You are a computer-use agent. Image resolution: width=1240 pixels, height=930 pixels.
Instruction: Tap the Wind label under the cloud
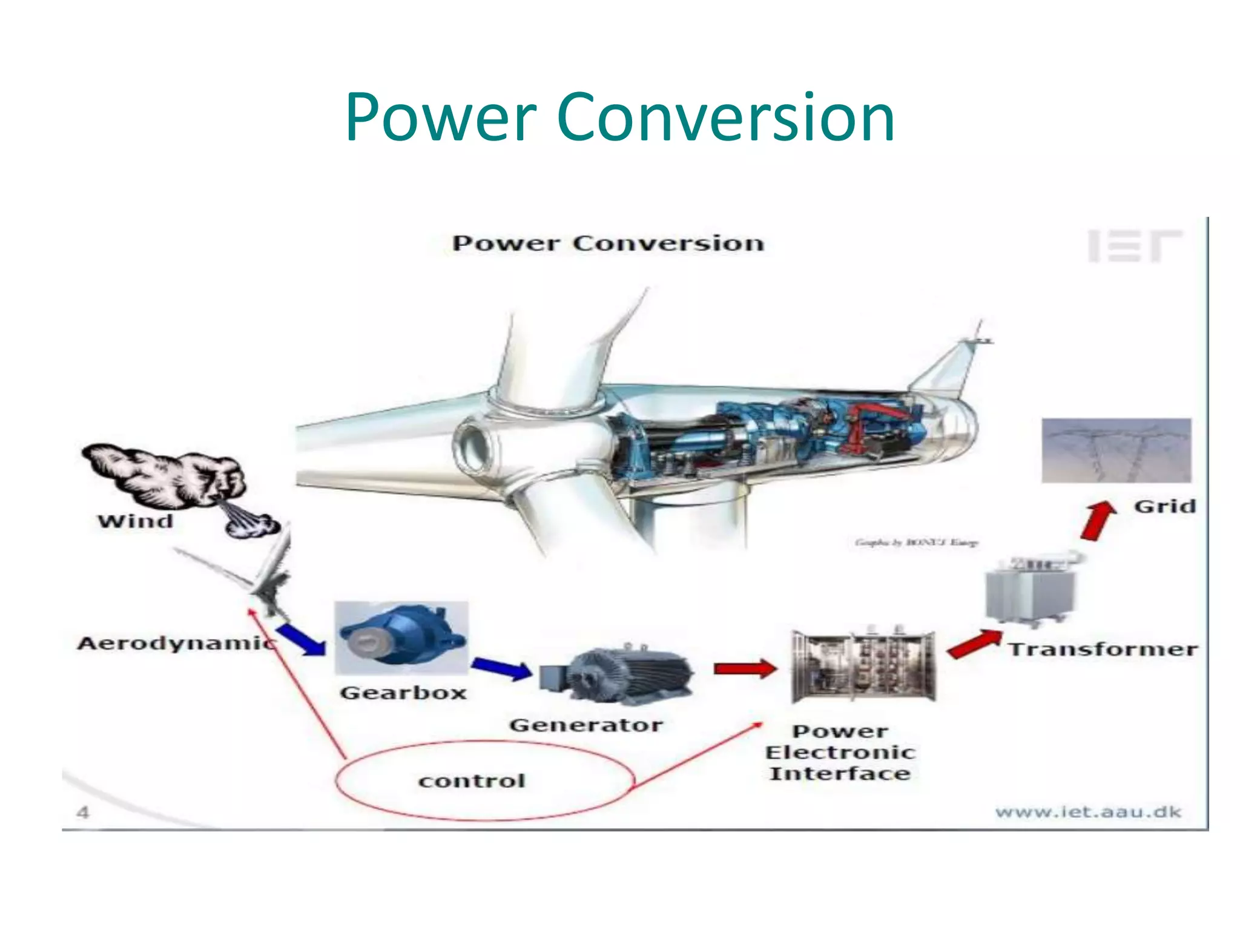coord(136,521)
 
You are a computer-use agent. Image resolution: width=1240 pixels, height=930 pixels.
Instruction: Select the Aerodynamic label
coord(176,644)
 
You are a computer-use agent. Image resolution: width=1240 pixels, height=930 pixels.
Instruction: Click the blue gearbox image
coord(401,638)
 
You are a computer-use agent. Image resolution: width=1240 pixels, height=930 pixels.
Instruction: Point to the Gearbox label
coord(403,693)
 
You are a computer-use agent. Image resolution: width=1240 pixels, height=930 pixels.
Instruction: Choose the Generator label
coord(585,725)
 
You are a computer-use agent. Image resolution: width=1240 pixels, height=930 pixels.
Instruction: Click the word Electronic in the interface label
coord(840,753)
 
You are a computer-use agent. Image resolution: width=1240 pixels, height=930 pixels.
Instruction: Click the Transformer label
coord(1103,650)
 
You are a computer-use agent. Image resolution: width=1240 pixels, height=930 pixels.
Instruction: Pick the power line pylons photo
coord(1116,450)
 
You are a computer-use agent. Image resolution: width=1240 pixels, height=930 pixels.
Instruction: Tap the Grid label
coord(1165,506)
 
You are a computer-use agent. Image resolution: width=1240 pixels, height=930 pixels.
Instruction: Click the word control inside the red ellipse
coord(472,781)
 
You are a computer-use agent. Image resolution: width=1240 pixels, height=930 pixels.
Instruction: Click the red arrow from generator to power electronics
coord(744,668)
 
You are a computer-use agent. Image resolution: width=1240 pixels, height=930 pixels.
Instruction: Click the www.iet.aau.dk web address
coord(1088,812)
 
